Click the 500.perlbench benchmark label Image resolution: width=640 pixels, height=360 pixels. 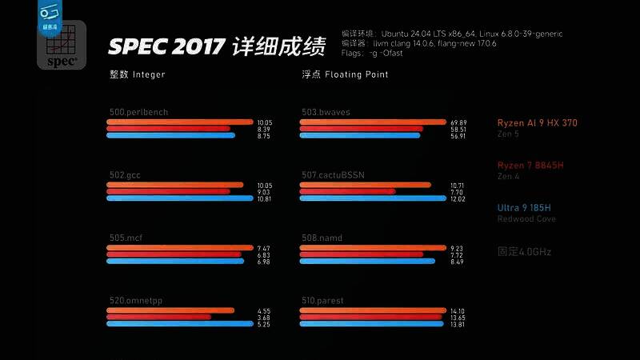click(x=138, y=112)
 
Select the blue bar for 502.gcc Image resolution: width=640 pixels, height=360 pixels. click(x=180, y=198)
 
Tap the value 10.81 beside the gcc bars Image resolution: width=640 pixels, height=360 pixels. click(x=264, y=198)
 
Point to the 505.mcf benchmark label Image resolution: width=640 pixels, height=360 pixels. click(x=126, y=238)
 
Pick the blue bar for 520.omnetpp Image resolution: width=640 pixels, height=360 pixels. click(x=179, y=324)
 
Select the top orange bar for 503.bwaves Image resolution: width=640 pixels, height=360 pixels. click(x=371, y=122)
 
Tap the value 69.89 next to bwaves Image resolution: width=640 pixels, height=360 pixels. click(x=458, y=122)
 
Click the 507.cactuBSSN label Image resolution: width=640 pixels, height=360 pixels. click(x=333, y=174)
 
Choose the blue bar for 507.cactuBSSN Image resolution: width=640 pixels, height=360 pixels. click(x=371, y=198)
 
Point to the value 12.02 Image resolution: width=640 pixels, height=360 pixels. click(x=458, y=198)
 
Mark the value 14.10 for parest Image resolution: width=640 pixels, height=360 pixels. click(x=458, y=310)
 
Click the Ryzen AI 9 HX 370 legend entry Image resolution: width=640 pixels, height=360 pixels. click(x=537, y=123)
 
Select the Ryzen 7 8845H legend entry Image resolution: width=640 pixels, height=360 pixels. click(x=530, y=166)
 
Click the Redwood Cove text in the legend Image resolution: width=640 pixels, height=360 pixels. click(x=526, y=219)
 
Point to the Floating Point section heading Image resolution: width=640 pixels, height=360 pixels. click(x=345, y=74)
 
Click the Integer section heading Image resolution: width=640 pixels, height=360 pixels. click(x=138, y=74)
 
